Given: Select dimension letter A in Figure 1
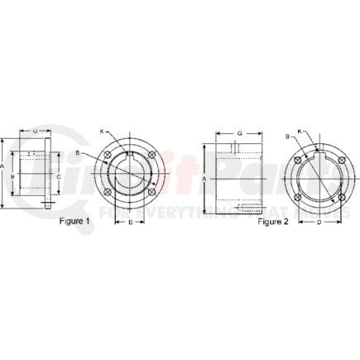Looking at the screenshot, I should pyautogui.click(x=5, y=166).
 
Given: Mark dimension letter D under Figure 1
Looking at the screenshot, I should pyautogui.click(x=131, y=222).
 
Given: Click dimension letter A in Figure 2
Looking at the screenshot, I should pyautogui.click(x=203, y=177).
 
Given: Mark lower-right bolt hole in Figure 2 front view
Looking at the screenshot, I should pyautogui.click(x=337, y=198).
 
